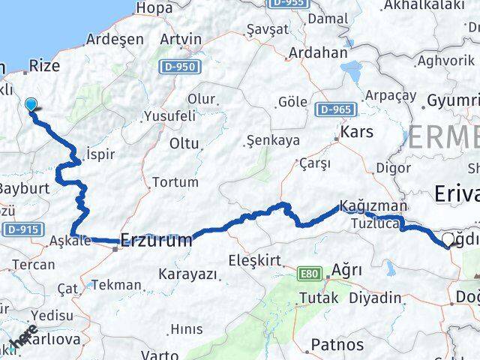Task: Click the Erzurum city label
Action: pyautogui.click(x=156, y=241)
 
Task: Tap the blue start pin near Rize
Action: pyautogui.click(x=31, y=105)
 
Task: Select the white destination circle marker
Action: pyautogui.click(x=448, y=239)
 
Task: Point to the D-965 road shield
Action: pyautogui.click(x=334, y=109)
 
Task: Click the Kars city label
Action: pyautogui.click(x=356, y=133)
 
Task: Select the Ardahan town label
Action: pyautogui.click(x=319, y=53)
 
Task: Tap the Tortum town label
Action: pyautogui.click(x=175, y=181)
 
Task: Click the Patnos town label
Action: pyautogui.click(x=337, y=345)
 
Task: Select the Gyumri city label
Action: pyautogui.click(x=452, y=100)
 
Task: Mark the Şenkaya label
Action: pyautogui.click(x=273, y=139)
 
